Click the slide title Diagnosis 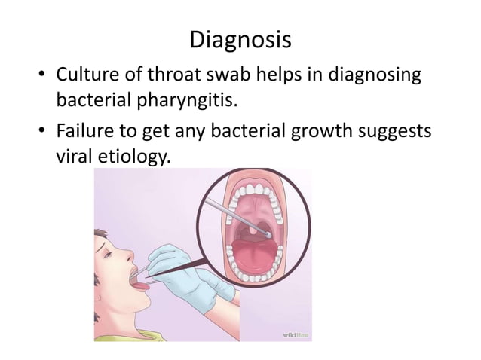240,38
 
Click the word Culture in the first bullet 87,76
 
